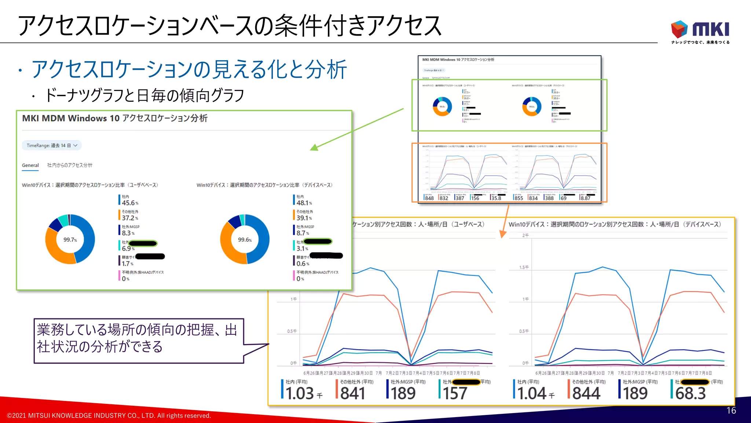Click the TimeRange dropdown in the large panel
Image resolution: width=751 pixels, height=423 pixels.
(52, 145)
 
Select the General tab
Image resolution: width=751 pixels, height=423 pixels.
(30, 165)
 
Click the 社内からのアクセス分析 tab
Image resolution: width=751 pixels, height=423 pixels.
(70, 165)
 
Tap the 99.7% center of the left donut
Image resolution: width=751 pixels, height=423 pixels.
(70, 240)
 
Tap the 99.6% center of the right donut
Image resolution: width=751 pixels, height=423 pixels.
(245, 240)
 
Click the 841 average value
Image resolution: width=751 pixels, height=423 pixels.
(352, 393)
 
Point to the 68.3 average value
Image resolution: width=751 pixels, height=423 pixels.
(690, 393)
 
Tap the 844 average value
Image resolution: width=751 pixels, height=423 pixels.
(586, 393)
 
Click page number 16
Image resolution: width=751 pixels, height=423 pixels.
(731, 411)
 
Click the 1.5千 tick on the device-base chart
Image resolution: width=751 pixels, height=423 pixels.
(524, 267)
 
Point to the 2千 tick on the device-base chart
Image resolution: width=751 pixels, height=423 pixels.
(525, 235)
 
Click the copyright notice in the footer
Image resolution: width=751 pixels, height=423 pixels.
(109, 416)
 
